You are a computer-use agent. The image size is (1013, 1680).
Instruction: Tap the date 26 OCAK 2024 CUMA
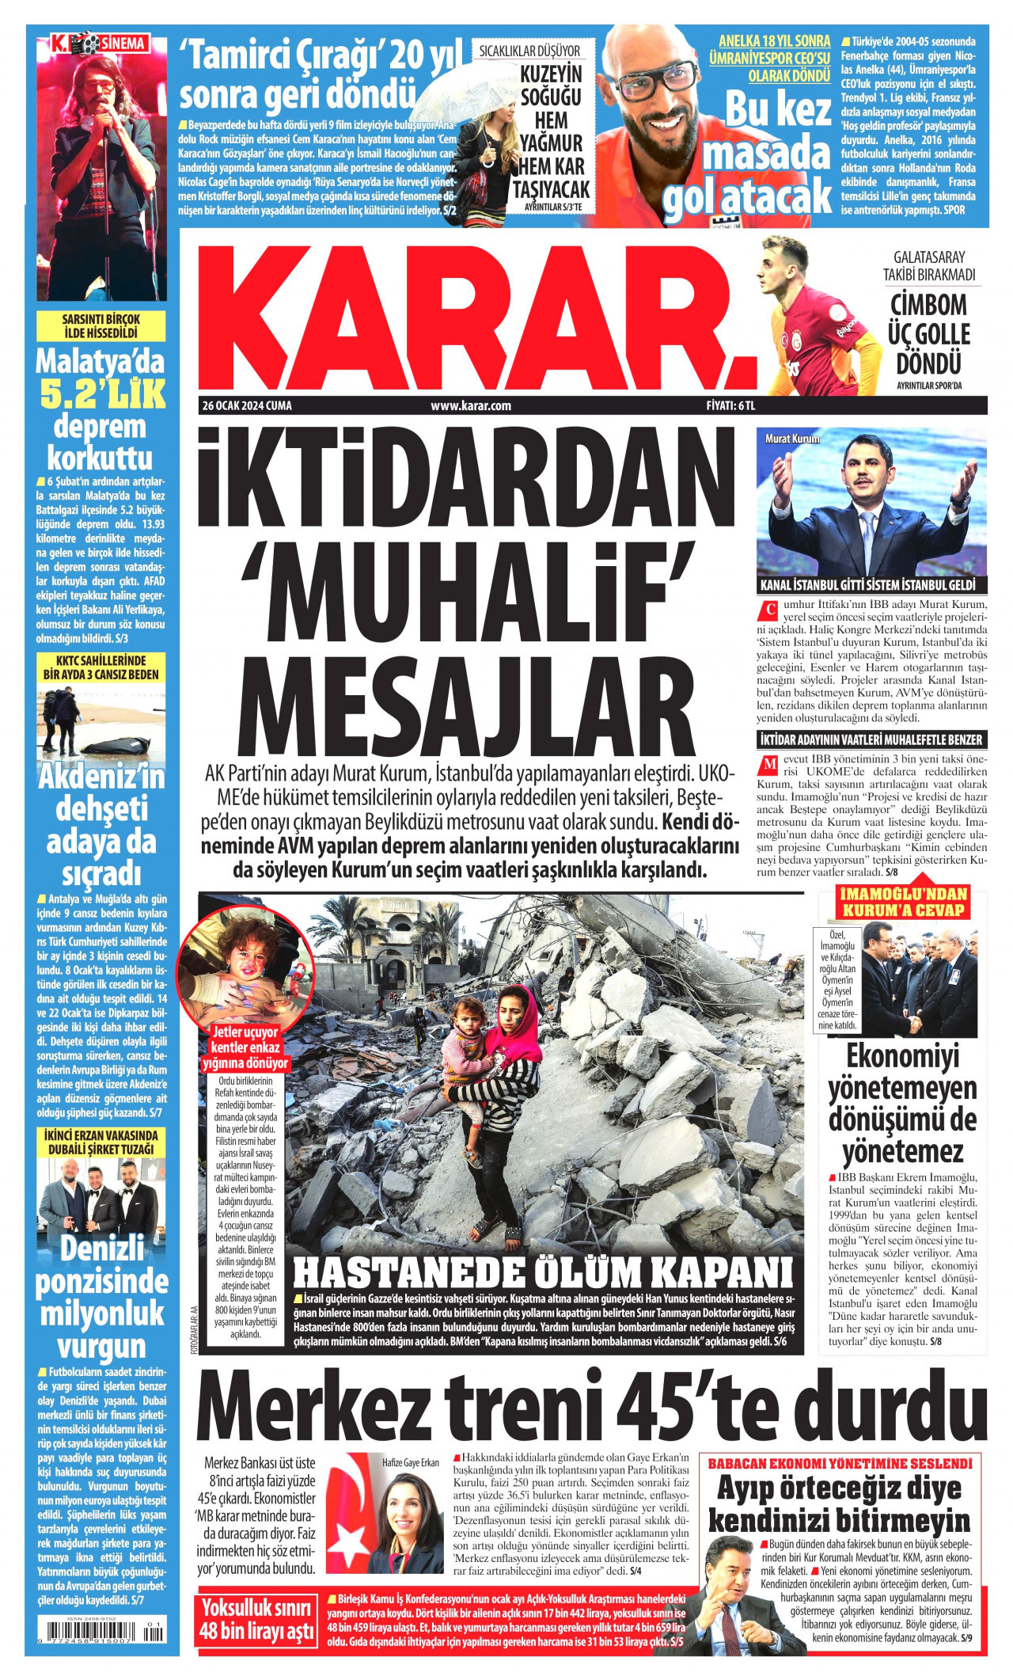(247, 406)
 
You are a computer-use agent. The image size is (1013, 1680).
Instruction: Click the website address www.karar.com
(471, 406)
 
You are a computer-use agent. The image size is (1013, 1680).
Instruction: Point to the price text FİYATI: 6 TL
(730, 406)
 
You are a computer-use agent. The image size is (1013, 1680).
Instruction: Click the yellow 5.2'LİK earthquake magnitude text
(101, 394)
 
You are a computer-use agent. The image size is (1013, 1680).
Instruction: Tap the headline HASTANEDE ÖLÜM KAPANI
(543, 1272)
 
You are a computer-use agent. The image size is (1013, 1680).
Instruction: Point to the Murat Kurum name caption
(792, 439)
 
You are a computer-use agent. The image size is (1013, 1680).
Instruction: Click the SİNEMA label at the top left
(123, 44)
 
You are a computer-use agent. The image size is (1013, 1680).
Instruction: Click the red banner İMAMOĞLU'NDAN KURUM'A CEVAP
(903, 903)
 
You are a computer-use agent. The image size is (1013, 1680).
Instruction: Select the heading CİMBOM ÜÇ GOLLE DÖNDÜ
(929, 333)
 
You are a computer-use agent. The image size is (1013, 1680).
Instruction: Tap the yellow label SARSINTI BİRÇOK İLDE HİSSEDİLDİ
(101, 325)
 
